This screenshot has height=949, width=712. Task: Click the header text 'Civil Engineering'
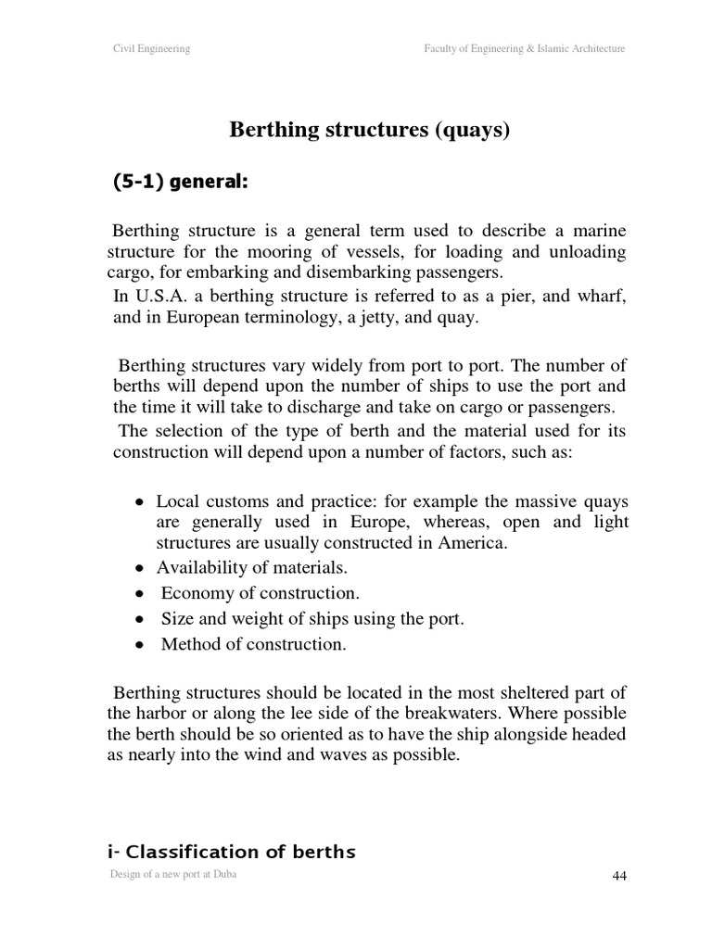[151, 49]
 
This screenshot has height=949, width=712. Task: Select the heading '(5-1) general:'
[180, 182]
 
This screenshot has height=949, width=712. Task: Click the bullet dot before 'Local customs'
[138, 501]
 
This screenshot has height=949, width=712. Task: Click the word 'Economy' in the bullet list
[195, 593]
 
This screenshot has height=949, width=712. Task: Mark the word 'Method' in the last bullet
[189, 645]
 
